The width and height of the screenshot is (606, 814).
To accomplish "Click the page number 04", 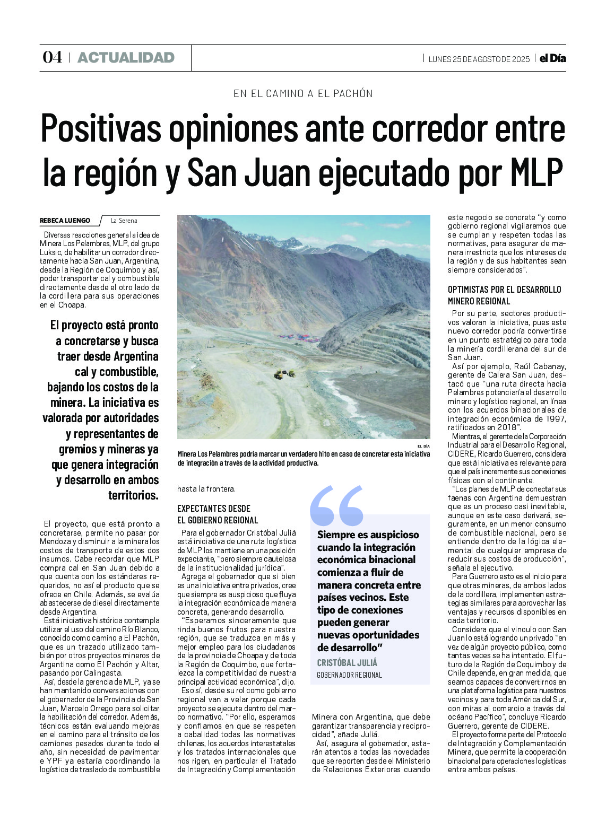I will (x=52, y=57).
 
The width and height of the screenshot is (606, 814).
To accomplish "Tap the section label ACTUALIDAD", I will (x=126, y=57).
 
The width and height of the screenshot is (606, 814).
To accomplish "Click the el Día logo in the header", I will (x=552, y=58).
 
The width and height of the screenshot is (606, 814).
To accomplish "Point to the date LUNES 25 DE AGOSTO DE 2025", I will (x=479, y=59).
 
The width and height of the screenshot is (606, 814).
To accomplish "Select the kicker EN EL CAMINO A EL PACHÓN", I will (x=303, y=93).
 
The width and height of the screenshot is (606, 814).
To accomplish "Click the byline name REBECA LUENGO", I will (x=65, y=221).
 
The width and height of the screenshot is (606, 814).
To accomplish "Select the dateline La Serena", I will (x=124, y=221).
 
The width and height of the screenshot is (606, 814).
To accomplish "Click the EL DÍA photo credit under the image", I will (x=423, y=446).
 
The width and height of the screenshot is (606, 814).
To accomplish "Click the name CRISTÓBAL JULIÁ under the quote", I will (x=347, y=662).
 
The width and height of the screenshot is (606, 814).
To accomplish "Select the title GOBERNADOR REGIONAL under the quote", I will (x=349, y=675).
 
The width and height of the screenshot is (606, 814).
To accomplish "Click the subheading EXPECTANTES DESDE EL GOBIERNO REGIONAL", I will (x=218, y=514).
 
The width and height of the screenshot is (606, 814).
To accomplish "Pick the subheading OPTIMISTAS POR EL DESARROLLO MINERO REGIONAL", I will (x=504, y=295).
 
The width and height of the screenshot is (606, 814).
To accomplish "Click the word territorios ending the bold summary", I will (x=133, y=495).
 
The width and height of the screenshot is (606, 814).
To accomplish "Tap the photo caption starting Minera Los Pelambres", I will (x=304, y=458).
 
